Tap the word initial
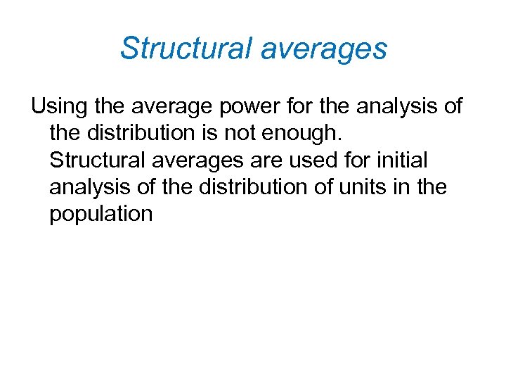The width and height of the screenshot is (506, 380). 402,160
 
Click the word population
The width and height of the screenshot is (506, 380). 100,213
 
